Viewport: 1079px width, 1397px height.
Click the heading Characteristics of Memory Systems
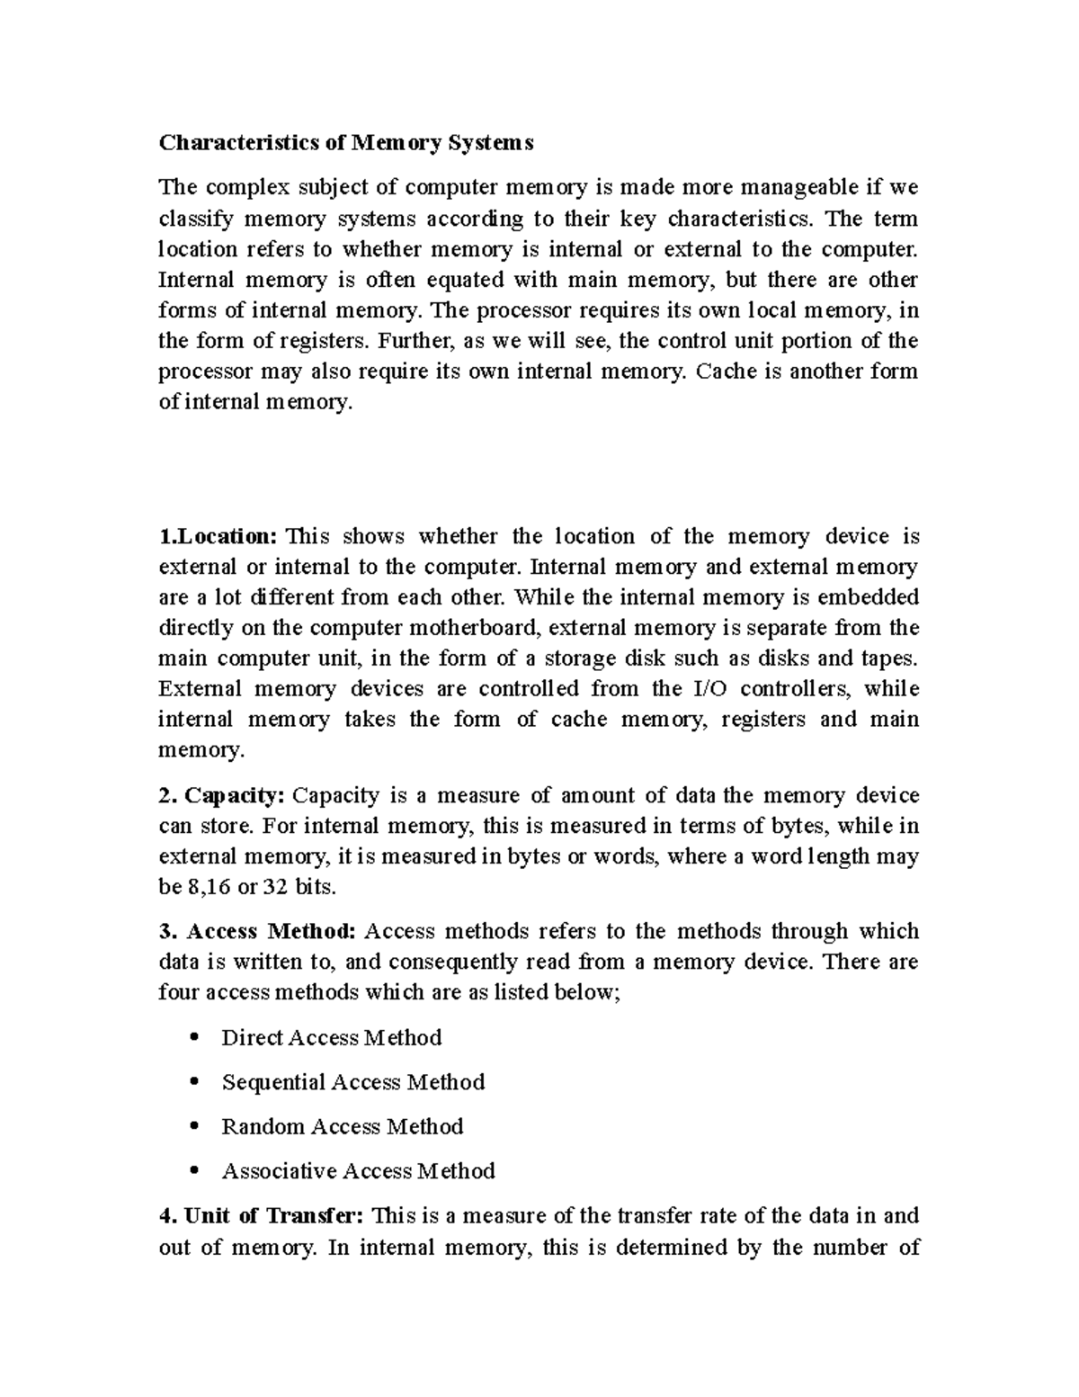coord(346,142)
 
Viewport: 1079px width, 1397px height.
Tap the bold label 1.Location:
coord(218,536)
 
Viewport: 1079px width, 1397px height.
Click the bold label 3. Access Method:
coord(259,931)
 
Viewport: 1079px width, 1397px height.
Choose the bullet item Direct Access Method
coord(331,1037)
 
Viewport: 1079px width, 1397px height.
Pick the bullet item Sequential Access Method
coord(352,1081)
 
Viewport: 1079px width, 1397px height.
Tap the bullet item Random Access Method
coord(342,1126)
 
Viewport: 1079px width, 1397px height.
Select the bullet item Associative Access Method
coord(358,1170)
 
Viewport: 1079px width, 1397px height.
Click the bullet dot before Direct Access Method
coord(195,1038)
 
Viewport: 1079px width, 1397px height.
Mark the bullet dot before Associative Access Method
coord(195,1171)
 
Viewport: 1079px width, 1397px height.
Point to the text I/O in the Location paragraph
coord(709,689)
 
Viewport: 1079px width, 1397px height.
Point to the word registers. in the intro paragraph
coord(325,341)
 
